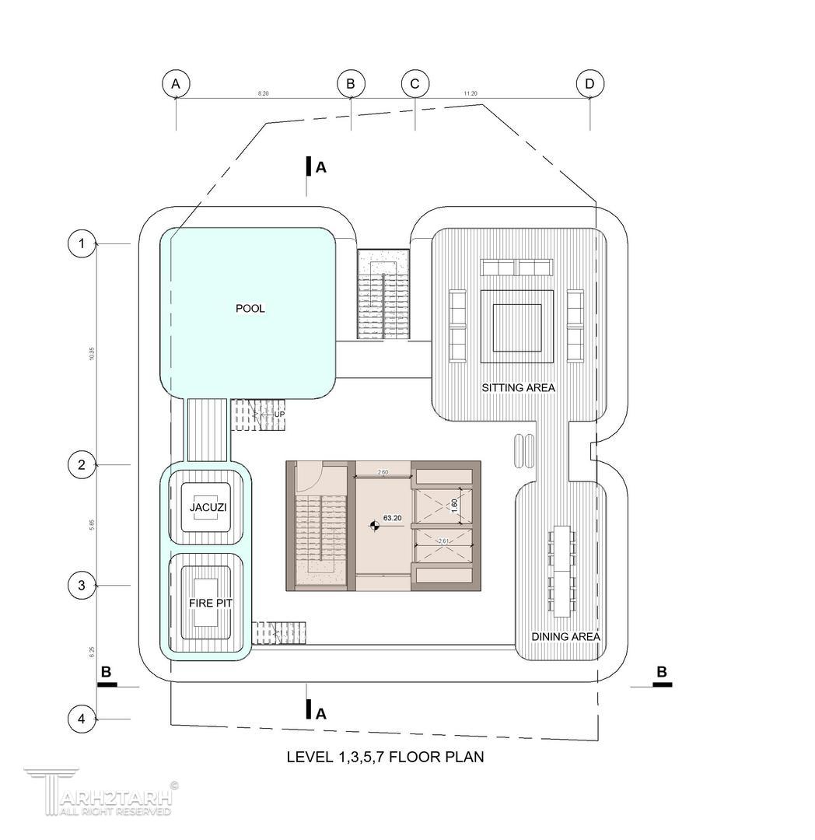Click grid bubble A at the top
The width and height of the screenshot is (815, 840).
click(x=177, y=83)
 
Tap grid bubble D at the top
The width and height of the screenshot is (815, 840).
click(x=590, y=83)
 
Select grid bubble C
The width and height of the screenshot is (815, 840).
click(x=415, y=83)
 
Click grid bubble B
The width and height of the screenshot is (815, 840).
click(x=351, y=83)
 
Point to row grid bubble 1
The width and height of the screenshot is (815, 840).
click(x=82, y=244)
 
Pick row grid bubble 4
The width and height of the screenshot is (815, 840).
click(x=82, y=719)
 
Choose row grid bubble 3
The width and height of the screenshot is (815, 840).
click(x=82, y=585)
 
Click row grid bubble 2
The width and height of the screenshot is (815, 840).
click(x=82, y=465)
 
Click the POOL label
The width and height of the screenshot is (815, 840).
click(x=250, y=309)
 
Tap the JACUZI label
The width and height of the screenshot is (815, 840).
click(x=206, y=508)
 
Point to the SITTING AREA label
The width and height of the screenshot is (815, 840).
click(x=519, y=387)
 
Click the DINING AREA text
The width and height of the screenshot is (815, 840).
click(x=565, y=637)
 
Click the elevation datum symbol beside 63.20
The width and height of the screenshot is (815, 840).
click(x=374, y=527)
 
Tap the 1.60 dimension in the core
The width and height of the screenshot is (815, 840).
click(x=454, y=506)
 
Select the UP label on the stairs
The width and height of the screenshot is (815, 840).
click(x=278, y=415)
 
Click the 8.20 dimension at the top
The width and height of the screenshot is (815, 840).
click(x=264, y=93)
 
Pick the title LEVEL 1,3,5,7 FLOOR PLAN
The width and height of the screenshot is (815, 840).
click(x=386, y=757)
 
